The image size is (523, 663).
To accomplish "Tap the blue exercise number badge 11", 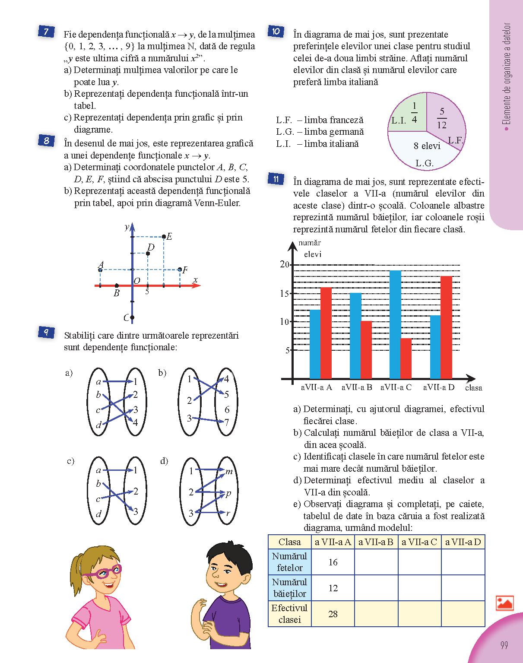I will pyautogui.click(x=276, y=179).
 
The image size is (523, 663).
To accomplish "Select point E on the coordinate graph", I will pyautogui.click(x=164, y=236).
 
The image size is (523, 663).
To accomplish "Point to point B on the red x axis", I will pyautogui.click(x=117, y=286).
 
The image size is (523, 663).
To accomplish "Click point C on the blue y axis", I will pyautogui.click(x=132, y=317).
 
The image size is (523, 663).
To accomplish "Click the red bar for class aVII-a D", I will pyautogui.click(x=446, y=327).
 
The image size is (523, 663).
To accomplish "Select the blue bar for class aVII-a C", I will pyautogui.click(x=395, y=324).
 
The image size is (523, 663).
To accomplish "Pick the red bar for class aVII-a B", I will pyautogui.click(x=366, y=350).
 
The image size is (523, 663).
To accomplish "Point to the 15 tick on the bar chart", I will pyautogui.click(x=284, y=294).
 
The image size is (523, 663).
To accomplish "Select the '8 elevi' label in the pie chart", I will pyautogui.click(x=427, y=146).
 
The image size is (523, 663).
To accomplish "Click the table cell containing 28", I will pyautogui.click(x=333, y=614).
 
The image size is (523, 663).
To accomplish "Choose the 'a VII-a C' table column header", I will pyautogui.click(x=419, y=542).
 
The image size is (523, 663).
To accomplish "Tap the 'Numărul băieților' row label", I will pyautogui.click(x=289, y=588).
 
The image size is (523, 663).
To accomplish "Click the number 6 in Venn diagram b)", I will pyautogui.click(x=227, y=409).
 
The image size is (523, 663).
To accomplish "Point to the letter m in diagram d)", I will pyautogui.click(x=229, y=472).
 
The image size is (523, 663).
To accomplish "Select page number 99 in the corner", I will pyautogui.click(x=504, y=645).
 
